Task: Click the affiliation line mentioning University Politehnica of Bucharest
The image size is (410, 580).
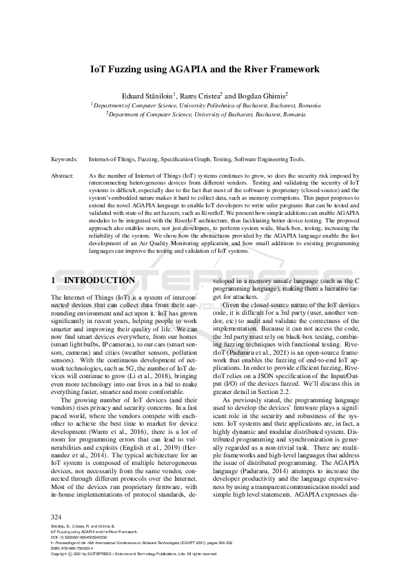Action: [207, 105]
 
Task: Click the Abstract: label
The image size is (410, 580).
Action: [63, 176]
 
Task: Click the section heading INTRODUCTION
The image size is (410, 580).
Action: [99, 281]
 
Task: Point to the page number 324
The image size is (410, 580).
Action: [57, 517]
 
